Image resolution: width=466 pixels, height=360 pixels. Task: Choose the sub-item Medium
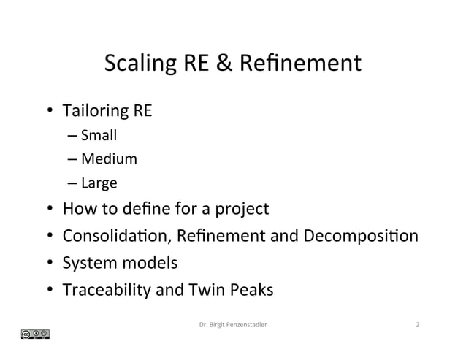(x=109, y=158)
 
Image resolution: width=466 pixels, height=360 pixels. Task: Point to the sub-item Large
(x=99, y=183)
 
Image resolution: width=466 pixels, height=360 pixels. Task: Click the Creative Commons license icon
(x=35, y=334)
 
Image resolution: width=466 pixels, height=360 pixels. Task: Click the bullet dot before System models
(x=49, y=264)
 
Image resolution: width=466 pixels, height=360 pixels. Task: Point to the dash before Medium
(x=75, y=158)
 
